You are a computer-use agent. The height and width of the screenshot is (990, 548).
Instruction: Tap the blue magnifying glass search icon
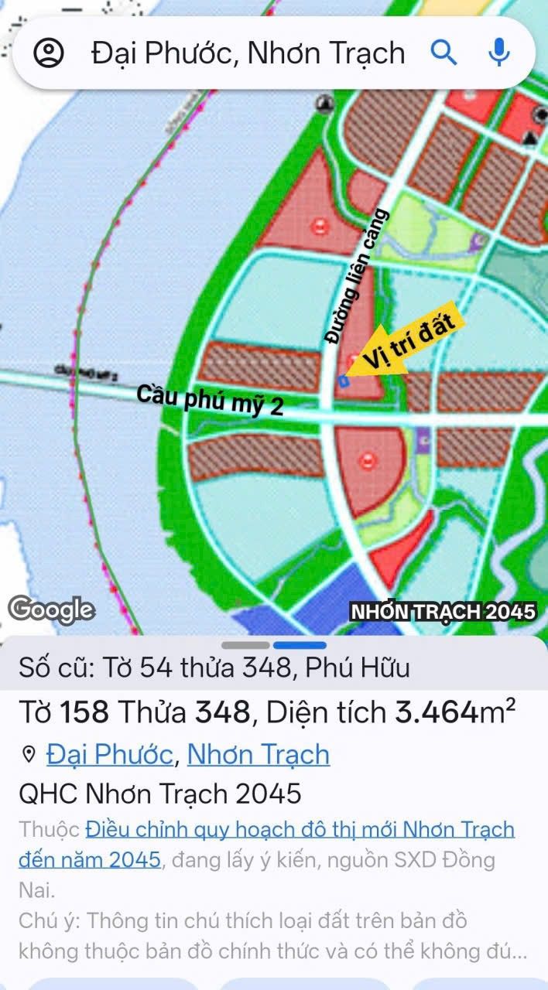(x=444, y=53)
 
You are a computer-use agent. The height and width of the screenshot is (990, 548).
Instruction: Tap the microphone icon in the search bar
(x=499, y=53)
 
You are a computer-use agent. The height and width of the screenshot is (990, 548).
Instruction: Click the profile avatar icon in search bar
(x=49, y=53)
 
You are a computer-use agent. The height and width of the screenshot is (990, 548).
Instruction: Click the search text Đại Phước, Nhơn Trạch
(x=248, y=53)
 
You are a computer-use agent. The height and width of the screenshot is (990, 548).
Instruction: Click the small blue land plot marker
(x=344, y=381)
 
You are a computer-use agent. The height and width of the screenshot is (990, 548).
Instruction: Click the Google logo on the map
(x=52, y=609)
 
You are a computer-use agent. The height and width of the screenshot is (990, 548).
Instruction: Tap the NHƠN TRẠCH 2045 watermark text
(x=443, y=611)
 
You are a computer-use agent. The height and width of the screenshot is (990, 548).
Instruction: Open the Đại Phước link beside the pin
(x=110, y=754)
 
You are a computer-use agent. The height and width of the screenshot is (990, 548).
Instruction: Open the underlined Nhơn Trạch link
(x=259, y=754)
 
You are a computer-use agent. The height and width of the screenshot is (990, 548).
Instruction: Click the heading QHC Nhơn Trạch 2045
(x=160, y=794)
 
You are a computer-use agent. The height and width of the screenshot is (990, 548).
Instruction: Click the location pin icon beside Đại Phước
(x=29, y=755)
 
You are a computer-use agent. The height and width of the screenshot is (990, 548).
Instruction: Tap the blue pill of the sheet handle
(x=300, y=645)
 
